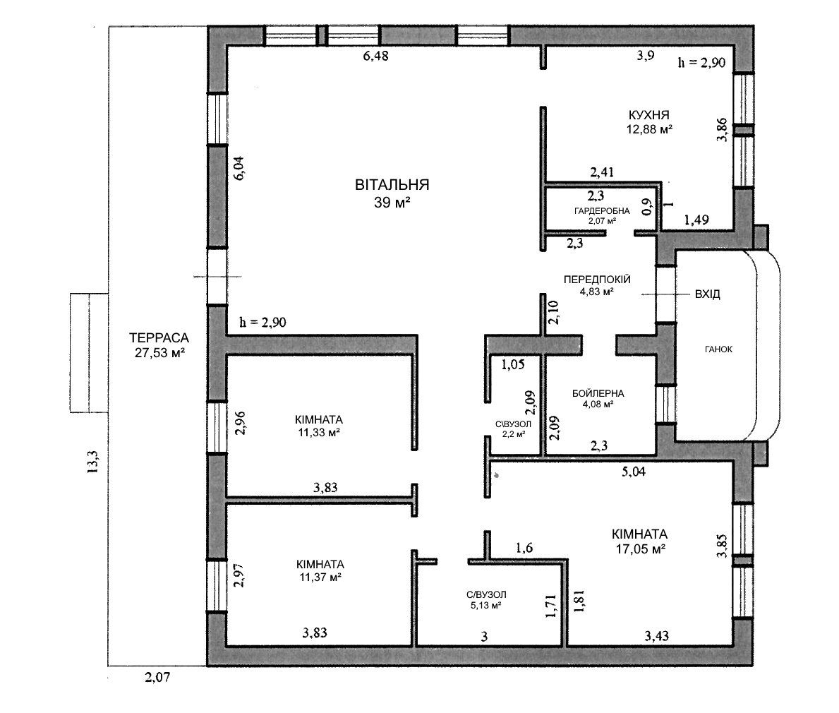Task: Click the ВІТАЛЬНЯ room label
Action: pos(392,185)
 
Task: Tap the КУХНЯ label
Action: pos(648,114)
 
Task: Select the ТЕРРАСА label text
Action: pos(159,337)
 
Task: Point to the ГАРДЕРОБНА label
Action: pos(602,211)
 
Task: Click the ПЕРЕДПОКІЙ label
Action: pos(597,280)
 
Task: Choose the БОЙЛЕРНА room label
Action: pos(598,393)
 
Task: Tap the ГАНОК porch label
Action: pos(718,349)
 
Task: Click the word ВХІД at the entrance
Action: pos(707,294)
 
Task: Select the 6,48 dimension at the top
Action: pos(375,56)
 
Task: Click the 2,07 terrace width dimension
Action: pos(157,677)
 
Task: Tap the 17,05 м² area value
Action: pos(639,549)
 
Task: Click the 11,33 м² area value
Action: pos(320,433)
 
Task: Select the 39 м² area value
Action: pos(392,202)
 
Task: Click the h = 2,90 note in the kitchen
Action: pos(701,63)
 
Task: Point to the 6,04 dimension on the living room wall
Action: pos(239,167)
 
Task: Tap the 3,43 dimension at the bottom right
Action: pos(656,637)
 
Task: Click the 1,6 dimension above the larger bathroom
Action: pos(524,548)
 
